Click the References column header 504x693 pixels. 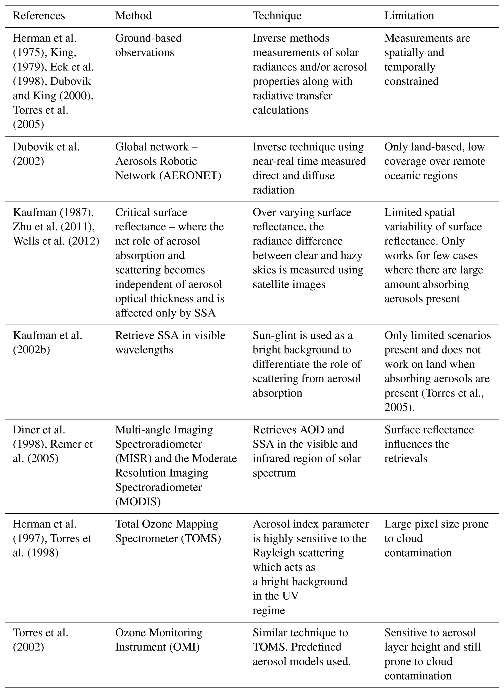[x=39, y=16]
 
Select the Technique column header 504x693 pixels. [x=277, y=16]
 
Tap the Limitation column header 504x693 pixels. [x=409, y=16]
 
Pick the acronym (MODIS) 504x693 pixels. [x=138, y=501]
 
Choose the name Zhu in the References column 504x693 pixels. [x=20, y=227]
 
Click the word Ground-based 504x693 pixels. [x=148, y=38]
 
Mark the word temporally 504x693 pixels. [x=410, y=67]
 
